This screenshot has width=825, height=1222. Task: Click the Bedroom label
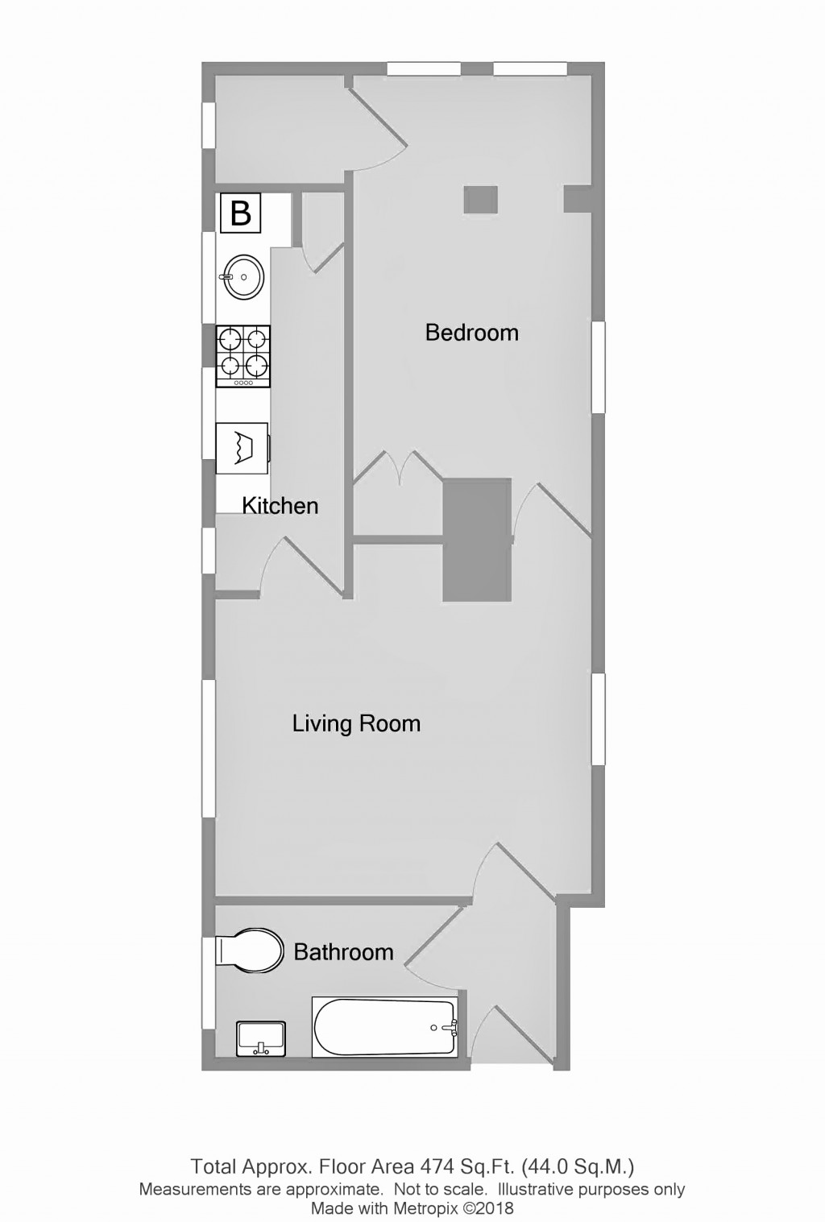[471, 332]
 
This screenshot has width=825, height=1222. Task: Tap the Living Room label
[356, 723]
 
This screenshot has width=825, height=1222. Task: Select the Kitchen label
[280, 505]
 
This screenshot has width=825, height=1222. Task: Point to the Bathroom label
[343, 951]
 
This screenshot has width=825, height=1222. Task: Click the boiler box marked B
[241, 213]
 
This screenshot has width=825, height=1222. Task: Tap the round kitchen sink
[243, 277]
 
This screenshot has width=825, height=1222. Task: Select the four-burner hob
[243, 356]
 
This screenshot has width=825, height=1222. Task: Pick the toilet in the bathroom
[250, 951]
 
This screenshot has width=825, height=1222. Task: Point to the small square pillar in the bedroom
[480, 199]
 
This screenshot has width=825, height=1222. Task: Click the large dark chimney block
[478, 538]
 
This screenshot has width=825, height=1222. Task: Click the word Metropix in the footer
[422, 1208]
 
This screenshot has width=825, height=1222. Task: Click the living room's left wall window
[209, 749]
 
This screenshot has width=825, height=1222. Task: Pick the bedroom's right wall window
[599, 367]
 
